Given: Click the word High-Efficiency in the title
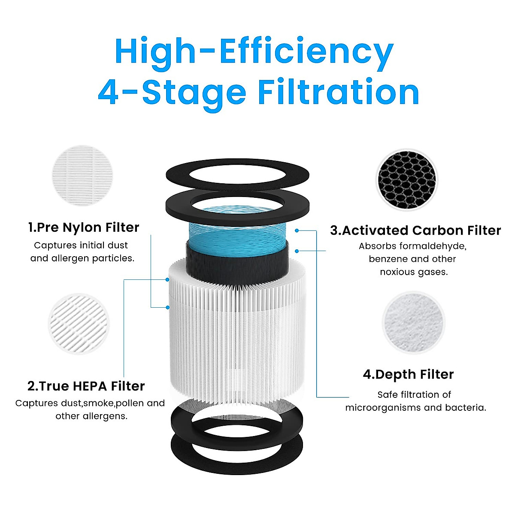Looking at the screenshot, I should coord(254,51).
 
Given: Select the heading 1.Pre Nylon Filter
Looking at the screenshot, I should coord(84,227).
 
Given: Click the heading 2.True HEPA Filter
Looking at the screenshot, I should coord(86,386).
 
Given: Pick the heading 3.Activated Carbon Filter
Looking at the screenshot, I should coord(415,230).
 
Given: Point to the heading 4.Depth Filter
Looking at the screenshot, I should coord(408,374).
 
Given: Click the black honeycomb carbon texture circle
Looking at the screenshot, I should coord(406,180).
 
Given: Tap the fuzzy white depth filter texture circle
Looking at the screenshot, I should coord(413,322).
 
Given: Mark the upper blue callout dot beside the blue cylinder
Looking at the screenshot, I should coord(297,230).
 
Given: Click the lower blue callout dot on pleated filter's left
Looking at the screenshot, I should coord(168,307).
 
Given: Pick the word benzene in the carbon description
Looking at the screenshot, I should coord(388,259).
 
